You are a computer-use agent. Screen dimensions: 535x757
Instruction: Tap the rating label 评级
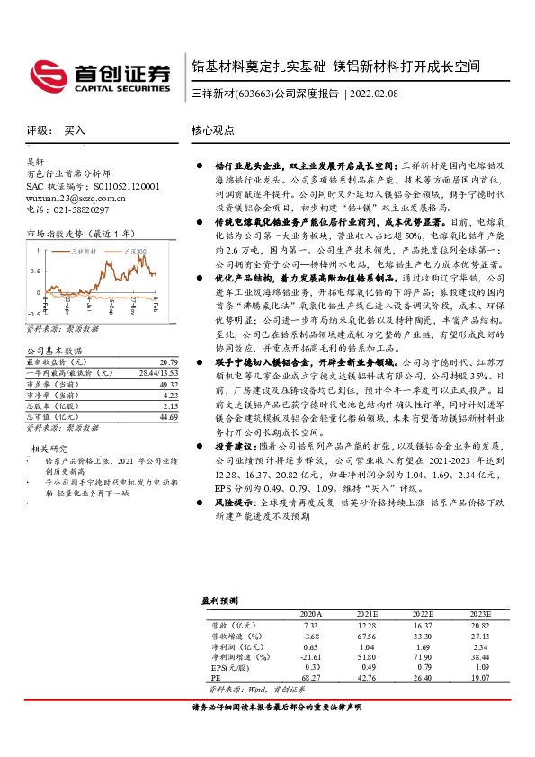point(39,130)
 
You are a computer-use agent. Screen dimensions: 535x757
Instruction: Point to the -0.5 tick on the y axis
point(34,315)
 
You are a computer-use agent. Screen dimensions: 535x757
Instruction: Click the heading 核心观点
point(212,130)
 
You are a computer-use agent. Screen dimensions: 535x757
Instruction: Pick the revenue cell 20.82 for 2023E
point(478,624)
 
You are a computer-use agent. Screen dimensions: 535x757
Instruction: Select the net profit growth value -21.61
point(309,658)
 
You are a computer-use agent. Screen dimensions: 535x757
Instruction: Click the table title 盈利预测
point(218,600)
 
